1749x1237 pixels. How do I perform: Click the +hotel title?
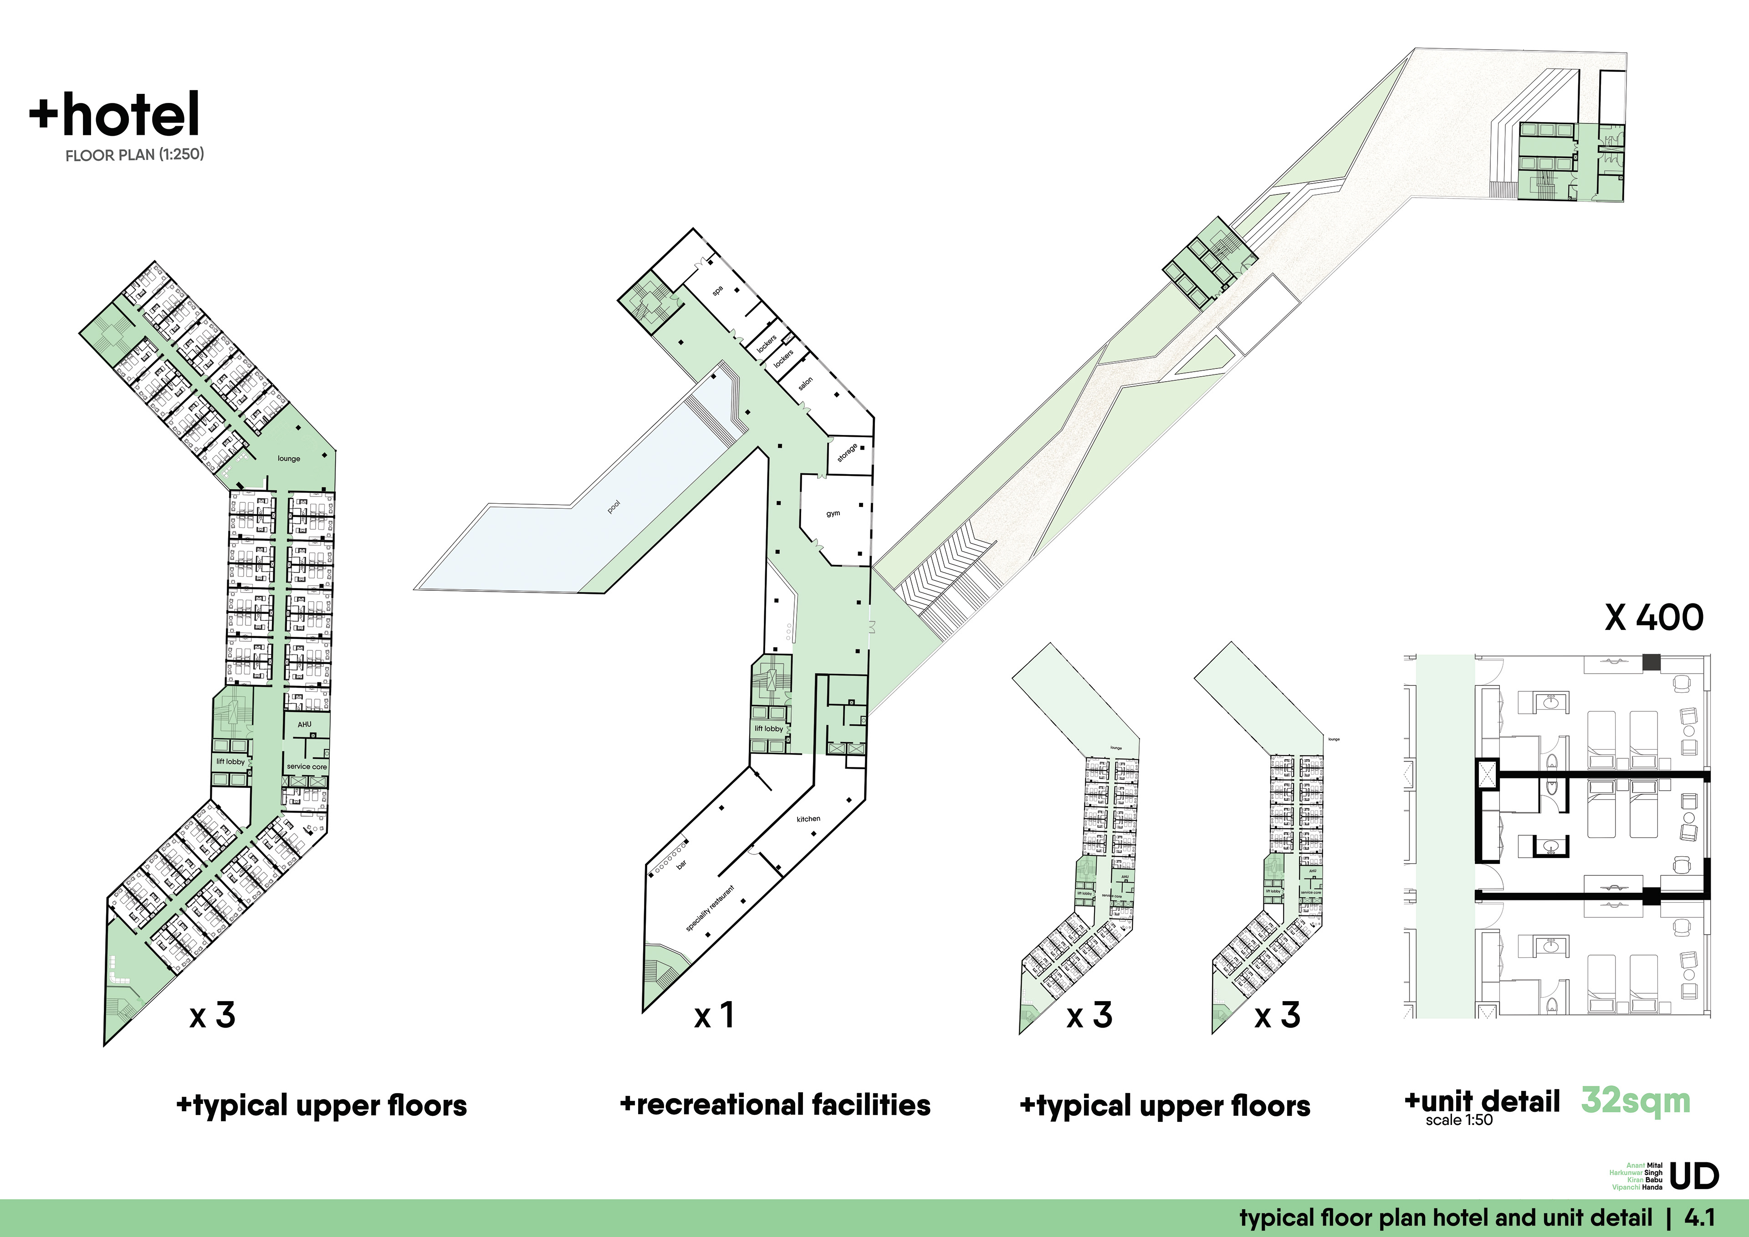[x=114, y=114]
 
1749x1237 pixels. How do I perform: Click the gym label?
[x=834, y=513]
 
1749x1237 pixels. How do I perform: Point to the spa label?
[x=717, y=290]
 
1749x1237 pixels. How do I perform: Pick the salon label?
[x=805, y=384]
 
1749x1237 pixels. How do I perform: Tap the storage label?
[x=847, y=452]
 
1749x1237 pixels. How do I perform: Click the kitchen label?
[x=808, y=819]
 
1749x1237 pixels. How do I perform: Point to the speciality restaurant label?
[x=710, y=908]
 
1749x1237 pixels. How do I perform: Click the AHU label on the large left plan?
[x=305, y=724]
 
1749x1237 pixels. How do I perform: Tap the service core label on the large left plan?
[x=307, y=766]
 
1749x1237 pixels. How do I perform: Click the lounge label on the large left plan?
[x=289, y=459]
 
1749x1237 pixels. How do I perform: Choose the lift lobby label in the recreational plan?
[x=769, y=728]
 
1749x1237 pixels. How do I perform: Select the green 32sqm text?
[x=1636, y=1101]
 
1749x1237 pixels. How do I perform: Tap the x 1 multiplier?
[x=714, y=1015]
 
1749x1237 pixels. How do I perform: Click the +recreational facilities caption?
[x=776, y=1104]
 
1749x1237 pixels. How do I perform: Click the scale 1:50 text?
[x=1459, y=1120]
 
